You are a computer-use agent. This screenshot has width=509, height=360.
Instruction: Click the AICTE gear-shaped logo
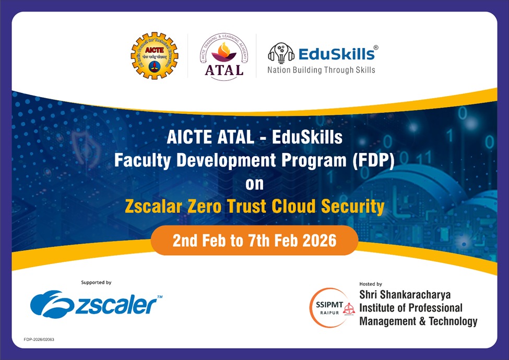coord(154,55)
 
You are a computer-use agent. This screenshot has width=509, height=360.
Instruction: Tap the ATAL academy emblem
coord(222,56)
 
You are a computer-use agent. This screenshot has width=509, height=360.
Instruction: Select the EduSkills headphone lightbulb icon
coord(281,54)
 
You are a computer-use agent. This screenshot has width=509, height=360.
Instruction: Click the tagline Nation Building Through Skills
coord(321,69)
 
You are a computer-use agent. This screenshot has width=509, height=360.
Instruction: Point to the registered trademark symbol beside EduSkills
coord(376,47)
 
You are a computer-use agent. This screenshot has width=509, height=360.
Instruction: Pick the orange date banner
coord(255,242)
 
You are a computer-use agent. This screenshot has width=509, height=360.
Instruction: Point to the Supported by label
coord(96,282)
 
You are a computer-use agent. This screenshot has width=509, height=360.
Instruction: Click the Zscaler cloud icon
coord(50,305)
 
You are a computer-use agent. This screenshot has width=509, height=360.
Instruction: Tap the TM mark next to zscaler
coord(159,296)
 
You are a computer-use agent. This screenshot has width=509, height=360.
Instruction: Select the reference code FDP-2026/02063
coord(39,340)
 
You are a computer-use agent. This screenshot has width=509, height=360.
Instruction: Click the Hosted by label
coord(371,284)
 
